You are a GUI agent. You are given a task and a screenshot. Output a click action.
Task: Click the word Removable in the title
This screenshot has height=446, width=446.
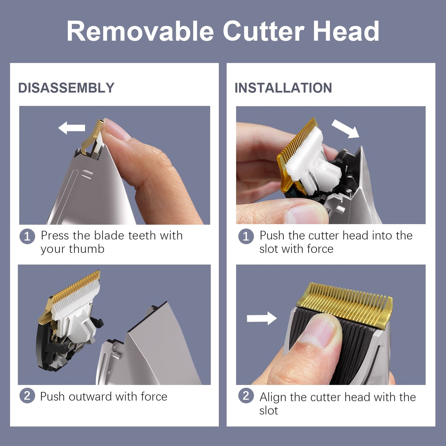click(140, 31)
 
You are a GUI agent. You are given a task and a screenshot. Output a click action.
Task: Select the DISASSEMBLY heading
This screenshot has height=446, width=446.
click(66, 88)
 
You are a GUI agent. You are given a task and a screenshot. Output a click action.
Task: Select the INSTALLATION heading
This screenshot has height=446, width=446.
click(283, 88)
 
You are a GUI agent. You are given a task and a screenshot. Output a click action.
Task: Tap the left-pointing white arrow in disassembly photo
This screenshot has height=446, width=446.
click(72, 128)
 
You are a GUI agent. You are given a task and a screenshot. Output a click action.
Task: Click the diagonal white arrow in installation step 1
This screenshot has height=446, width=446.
click(345, 129)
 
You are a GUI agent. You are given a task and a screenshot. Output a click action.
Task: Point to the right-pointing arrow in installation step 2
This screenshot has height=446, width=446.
click(262, 318)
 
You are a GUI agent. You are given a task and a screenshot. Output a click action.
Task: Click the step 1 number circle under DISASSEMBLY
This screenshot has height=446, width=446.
click(27, 236)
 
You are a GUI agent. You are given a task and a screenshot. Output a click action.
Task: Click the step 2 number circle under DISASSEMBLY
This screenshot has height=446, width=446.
click(27, 396)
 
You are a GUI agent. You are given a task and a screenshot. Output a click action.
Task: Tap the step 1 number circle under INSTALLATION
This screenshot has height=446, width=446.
click(246, 236)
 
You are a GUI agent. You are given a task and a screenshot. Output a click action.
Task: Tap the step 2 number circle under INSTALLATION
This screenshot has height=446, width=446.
click(246, 396)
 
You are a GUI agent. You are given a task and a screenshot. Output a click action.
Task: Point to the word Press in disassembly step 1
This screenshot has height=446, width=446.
click(55, 236)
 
